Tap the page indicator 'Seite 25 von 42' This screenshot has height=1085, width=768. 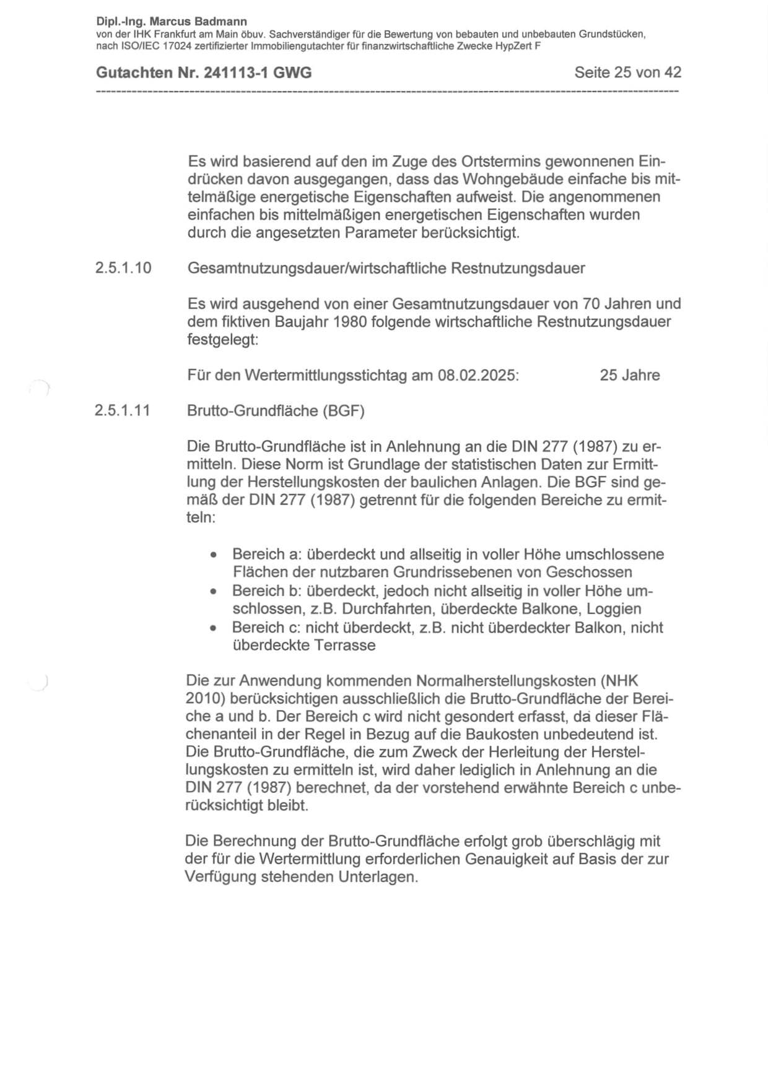coord(627,72)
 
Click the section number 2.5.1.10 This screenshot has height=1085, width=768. coord(123,269)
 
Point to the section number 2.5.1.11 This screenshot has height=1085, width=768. coord(123,411)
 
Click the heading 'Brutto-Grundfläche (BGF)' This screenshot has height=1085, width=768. coord(276,411)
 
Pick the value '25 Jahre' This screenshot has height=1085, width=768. coord(629,375)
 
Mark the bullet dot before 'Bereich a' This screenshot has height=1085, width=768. coord(214,555)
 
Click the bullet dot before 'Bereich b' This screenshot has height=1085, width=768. coord(214,592)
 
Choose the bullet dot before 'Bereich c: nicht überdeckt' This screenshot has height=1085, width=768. coord(214,628)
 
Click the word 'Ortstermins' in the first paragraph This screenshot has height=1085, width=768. coord(500,162)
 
